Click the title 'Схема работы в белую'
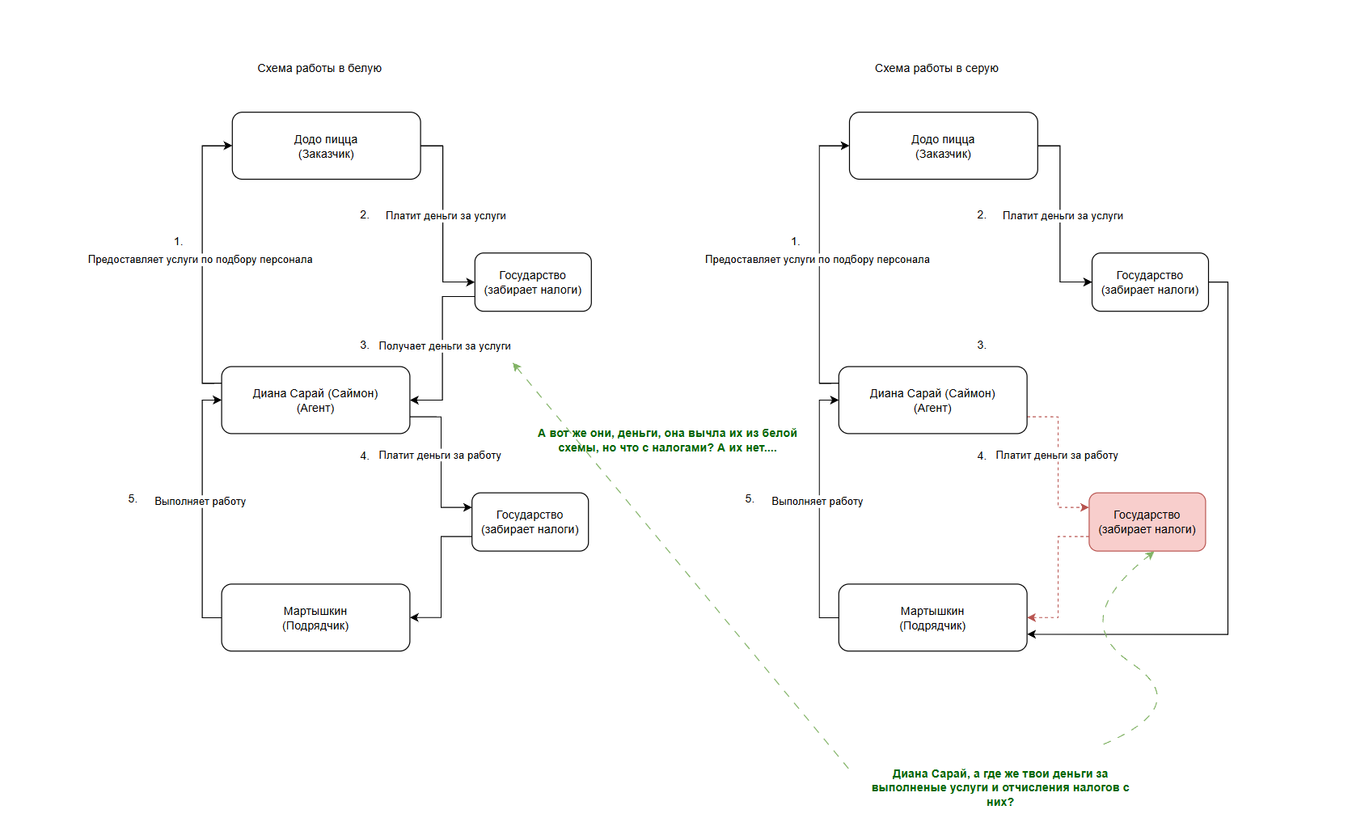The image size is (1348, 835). tap(319, 68)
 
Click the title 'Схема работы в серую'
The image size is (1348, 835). tap(936, 68)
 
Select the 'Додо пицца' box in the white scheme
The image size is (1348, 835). tap(326, 146)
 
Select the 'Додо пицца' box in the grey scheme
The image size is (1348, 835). tap(943, 146)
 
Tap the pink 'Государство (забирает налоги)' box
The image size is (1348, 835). tap(1147, 522)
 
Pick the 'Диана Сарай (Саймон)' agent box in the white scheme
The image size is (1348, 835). tap(315, 401)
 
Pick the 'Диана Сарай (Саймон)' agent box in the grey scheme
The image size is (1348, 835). tap(932, 401)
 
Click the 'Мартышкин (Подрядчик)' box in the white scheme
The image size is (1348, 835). tap(315, 617)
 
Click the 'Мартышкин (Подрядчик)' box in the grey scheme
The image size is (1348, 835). tap(932, 617)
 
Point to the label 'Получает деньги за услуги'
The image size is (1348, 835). tap(444, 345)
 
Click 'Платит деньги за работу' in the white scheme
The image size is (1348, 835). tap(440, 456)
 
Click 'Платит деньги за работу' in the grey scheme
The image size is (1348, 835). tap(1056, 456)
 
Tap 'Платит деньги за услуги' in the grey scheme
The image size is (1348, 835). tap(1063, 215)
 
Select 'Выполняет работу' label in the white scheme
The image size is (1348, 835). tap(200, 502)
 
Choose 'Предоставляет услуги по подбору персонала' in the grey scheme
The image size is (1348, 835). tap(817, 260)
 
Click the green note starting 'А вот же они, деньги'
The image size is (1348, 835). tap(667, 440)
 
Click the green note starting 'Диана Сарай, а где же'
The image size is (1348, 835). tap(999, 787)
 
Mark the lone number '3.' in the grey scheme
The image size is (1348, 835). tap(982, 345)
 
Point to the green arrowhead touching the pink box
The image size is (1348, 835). tap(1149, 555)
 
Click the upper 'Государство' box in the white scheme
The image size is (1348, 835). tap(533, 282)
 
